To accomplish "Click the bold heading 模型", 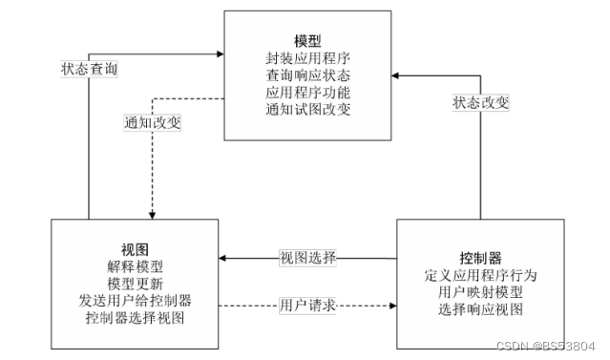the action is click(307, 41).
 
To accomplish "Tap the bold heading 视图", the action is click(135, 249).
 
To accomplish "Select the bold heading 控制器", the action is click(480, 258).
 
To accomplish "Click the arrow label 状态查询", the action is click(89, 69).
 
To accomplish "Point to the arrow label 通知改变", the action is click(152, 122).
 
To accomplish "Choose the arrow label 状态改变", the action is click(480, 103).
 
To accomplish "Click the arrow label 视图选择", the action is click(307, 258).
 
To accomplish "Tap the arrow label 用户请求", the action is click(307, 306).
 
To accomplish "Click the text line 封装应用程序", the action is click(307, 58).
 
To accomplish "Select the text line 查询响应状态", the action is click(307, 75).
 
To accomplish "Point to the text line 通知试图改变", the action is click(307, 110).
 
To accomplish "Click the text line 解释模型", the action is click(135, 266).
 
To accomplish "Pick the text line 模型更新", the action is click(135, 284).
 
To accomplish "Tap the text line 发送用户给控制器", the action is click(135, 301).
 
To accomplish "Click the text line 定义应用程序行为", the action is click(480, 275).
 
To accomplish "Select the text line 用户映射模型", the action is click(480, 292).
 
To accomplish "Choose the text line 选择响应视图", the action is click(480, 309).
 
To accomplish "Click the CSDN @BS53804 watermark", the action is click(546, 346).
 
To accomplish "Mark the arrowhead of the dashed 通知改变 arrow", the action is click(152, 216).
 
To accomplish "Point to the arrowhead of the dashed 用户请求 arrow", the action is click(393, 306).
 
